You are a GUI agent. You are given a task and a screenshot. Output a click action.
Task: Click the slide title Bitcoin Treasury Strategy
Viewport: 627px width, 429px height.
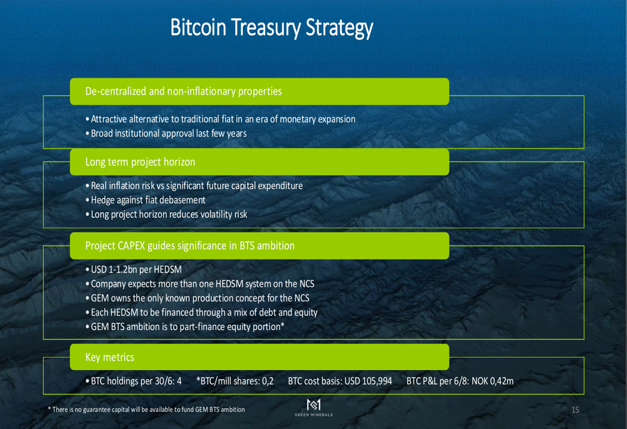[271, 28]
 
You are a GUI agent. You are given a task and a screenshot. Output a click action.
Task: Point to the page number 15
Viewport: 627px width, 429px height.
[575, 410]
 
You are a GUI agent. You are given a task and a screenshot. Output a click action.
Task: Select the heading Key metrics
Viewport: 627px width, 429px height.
[110, 357]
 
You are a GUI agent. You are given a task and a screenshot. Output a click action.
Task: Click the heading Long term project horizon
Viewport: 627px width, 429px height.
[140, 162]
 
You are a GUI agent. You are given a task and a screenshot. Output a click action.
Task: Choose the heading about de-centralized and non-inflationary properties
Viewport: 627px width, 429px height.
[183, 91]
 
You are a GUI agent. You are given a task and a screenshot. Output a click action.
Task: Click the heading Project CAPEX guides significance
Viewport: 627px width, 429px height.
[189, 246]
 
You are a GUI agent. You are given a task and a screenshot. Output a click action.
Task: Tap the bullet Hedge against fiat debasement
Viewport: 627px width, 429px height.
[145, 200]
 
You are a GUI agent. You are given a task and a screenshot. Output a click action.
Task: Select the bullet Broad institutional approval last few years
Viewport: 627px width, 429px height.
[166, 133]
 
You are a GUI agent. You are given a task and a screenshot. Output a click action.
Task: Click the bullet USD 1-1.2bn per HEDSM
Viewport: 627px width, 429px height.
[134, 270]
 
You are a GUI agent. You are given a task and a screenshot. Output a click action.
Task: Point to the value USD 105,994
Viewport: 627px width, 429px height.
[368, 381]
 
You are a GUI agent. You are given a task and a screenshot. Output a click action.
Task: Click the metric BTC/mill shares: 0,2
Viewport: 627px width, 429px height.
[234, 381]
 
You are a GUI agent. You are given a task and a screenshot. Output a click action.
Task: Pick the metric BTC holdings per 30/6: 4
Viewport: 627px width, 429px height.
[134, 381]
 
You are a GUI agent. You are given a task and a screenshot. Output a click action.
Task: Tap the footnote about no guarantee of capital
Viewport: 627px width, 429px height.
[146, 410]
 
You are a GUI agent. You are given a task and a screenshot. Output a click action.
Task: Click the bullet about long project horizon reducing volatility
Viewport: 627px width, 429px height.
[166, 214]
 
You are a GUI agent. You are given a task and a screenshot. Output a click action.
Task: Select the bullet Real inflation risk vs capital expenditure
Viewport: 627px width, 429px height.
[194, 186]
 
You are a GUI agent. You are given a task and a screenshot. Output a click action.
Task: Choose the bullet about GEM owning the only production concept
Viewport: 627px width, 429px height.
[198, 298]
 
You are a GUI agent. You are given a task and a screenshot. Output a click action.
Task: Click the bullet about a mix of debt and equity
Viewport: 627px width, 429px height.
[201, 313]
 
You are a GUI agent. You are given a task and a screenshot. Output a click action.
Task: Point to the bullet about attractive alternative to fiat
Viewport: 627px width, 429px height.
[220, 119]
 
